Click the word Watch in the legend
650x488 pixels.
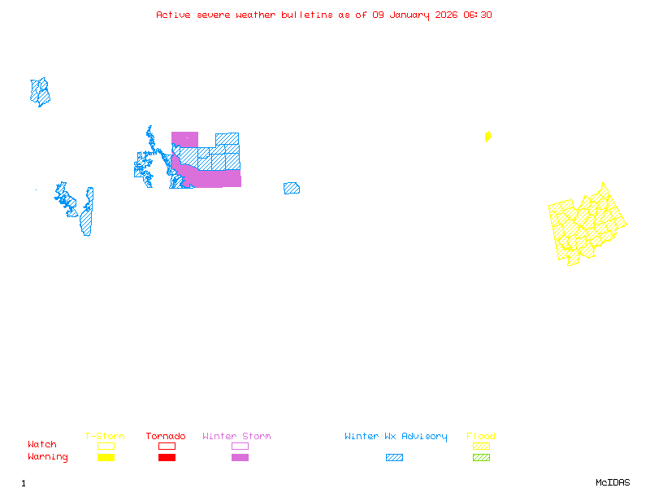point(42,445)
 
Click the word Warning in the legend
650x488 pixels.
point(48,457)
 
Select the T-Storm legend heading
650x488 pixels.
point(105,437)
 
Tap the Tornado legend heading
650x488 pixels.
point(166,437)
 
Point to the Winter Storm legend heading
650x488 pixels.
point(236,437)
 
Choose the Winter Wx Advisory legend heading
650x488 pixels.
point(396,437)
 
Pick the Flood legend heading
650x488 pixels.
point(481,437)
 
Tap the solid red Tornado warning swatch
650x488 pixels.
point(167,457)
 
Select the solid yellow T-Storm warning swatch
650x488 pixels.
point(106,457)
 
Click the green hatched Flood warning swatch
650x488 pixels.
point(481,457)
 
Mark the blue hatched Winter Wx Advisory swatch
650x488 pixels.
point(394,457)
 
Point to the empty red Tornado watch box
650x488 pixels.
point(167,446)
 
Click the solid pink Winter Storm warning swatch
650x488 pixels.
point(240,457)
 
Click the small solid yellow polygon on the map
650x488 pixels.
point(487,137)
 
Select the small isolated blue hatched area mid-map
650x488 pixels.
point(291,188)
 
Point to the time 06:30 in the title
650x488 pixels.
point(479,15)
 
